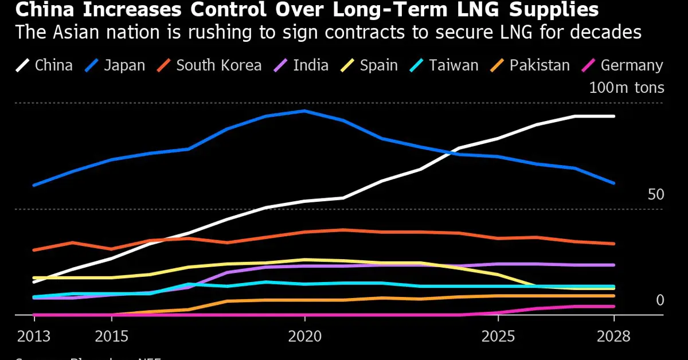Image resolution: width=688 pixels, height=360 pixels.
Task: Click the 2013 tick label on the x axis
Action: tap(33, 336)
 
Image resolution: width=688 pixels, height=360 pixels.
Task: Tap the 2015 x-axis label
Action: tap(111, 336)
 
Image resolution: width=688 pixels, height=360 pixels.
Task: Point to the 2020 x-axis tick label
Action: tap(304, 336)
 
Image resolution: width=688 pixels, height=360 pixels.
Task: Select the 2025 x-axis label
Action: tap(498, 336)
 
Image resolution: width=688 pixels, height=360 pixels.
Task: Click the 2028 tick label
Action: tap(613, 336)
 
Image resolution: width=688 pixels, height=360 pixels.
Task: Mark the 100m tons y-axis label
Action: tap(627, 88)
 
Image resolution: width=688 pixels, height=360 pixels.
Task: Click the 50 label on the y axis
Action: tap(655, 195)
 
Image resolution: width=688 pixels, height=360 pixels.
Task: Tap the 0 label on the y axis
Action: tap(659, 300)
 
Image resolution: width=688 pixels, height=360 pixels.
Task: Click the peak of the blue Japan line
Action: tap(304, 111)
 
